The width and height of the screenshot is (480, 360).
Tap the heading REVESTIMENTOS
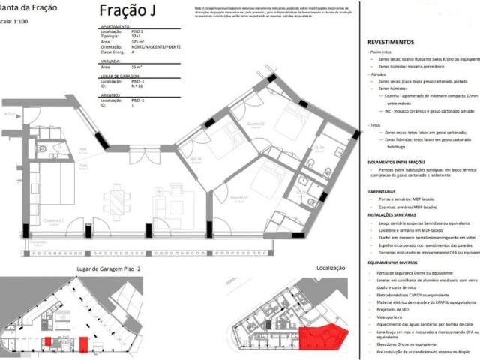[391, 43]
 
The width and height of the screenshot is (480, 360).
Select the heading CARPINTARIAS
[387, 192]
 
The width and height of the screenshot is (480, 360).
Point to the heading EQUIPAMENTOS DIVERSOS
[398, 263]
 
